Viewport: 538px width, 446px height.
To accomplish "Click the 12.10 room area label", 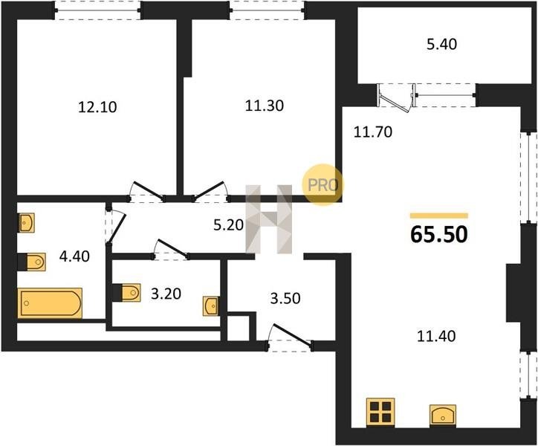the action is [97, 107].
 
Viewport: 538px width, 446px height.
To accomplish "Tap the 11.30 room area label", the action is [265, 106].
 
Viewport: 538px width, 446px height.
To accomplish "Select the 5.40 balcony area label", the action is [441, 45].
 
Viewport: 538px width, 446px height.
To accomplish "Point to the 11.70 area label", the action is [372, 132].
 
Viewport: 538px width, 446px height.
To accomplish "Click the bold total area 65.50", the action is [439, 235].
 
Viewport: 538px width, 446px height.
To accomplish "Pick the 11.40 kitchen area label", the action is [436, 336].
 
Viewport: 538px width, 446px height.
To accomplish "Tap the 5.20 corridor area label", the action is [228, 225].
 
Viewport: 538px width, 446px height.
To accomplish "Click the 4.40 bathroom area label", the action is [74, 256].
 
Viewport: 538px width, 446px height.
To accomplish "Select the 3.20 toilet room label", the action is [166, 294].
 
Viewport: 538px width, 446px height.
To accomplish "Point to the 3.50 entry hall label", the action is [285, 298].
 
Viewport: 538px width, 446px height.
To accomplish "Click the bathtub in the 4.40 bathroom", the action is [50, 303].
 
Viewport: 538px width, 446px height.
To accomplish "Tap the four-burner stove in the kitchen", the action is [380, 413].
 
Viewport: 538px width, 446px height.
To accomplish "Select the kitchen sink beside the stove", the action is [443, 416].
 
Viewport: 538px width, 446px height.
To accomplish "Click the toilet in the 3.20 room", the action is [127, 293].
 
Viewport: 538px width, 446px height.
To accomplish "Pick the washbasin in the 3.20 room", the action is [211, 306].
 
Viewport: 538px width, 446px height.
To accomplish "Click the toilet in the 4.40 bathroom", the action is [32, 262].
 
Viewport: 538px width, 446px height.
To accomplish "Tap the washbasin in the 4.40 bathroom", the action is [26, 223].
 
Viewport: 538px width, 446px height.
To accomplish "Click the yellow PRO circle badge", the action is [323, 184].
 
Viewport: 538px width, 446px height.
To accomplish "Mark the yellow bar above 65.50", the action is [439, 216].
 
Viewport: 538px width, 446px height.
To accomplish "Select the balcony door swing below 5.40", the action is [395, 98].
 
